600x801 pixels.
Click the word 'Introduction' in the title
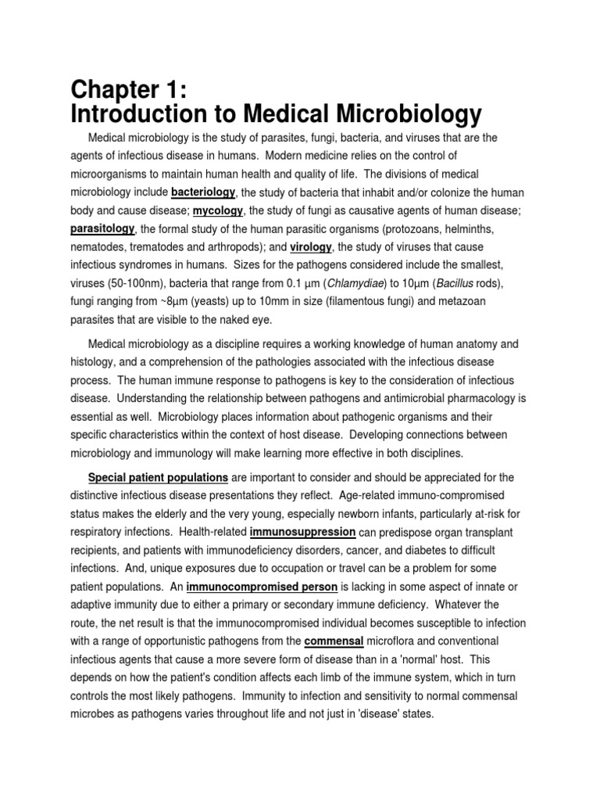click(141, 115)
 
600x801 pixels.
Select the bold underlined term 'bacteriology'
click(203, 192)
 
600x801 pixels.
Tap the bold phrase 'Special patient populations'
click(159, 476)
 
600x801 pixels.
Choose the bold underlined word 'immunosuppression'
click(302, 532)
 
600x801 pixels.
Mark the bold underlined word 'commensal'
click(334, 641)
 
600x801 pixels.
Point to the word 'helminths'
click(473, 229)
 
